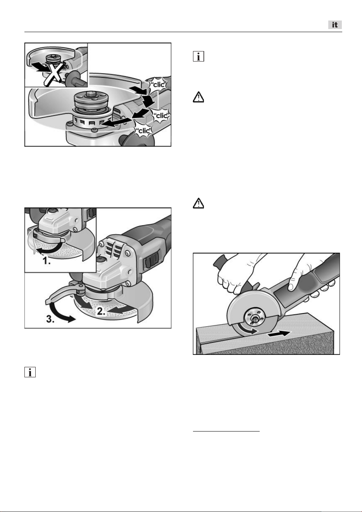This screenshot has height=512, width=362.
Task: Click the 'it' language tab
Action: [x=335, y=25]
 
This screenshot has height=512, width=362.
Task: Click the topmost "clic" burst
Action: [x=158, y=84]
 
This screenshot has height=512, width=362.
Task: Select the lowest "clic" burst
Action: [x=143, y=130]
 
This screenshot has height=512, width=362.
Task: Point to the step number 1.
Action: [x=47, y=260]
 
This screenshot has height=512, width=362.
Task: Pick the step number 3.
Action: [x=50, y=319]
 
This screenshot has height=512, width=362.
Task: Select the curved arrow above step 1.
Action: [x=49, y=250]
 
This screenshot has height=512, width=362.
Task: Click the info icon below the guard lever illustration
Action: [x=30, y=372]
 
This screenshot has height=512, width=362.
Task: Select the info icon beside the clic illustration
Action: [x=198, y=57]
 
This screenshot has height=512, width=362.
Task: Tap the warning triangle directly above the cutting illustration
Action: [x=198, y=203]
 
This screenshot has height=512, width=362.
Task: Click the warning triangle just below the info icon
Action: [x=198, y=97]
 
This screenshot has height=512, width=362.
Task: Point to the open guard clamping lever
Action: [x=64, y=293]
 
